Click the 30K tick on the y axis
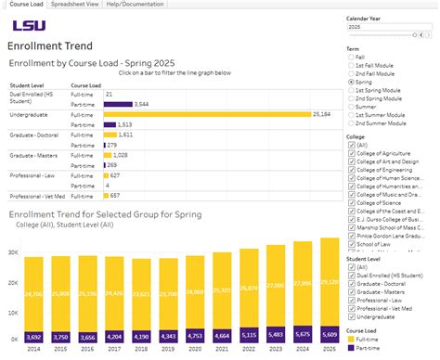pos(13,251)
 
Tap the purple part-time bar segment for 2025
pos(330,335)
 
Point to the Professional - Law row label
pos(33,175)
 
